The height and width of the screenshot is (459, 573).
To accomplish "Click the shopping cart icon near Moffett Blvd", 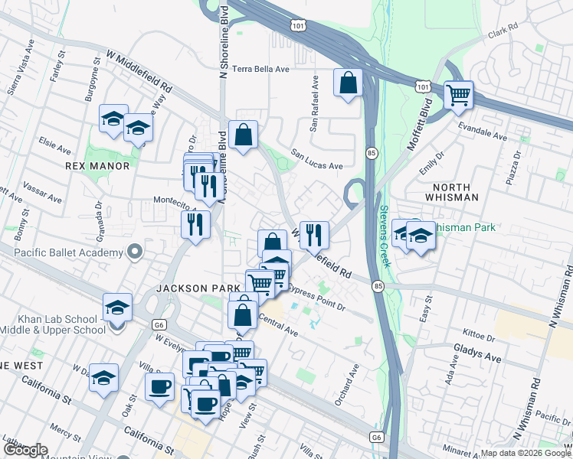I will tap(458, 96).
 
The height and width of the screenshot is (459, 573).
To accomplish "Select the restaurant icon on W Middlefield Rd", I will tap(314, 236).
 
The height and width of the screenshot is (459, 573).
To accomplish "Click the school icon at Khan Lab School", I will tap(117, 308).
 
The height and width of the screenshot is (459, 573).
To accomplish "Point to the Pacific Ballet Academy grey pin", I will tap(135, 251).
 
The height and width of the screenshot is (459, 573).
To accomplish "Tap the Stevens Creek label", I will tap(384, 236).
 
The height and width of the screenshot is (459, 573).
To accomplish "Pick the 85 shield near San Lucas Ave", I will tap(370, 152).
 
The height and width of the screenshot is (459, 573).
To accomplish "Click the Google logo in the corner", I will tap(25, 450).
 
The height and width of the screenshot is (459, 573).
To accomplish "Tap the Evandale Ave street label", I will tap(482, 131).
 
